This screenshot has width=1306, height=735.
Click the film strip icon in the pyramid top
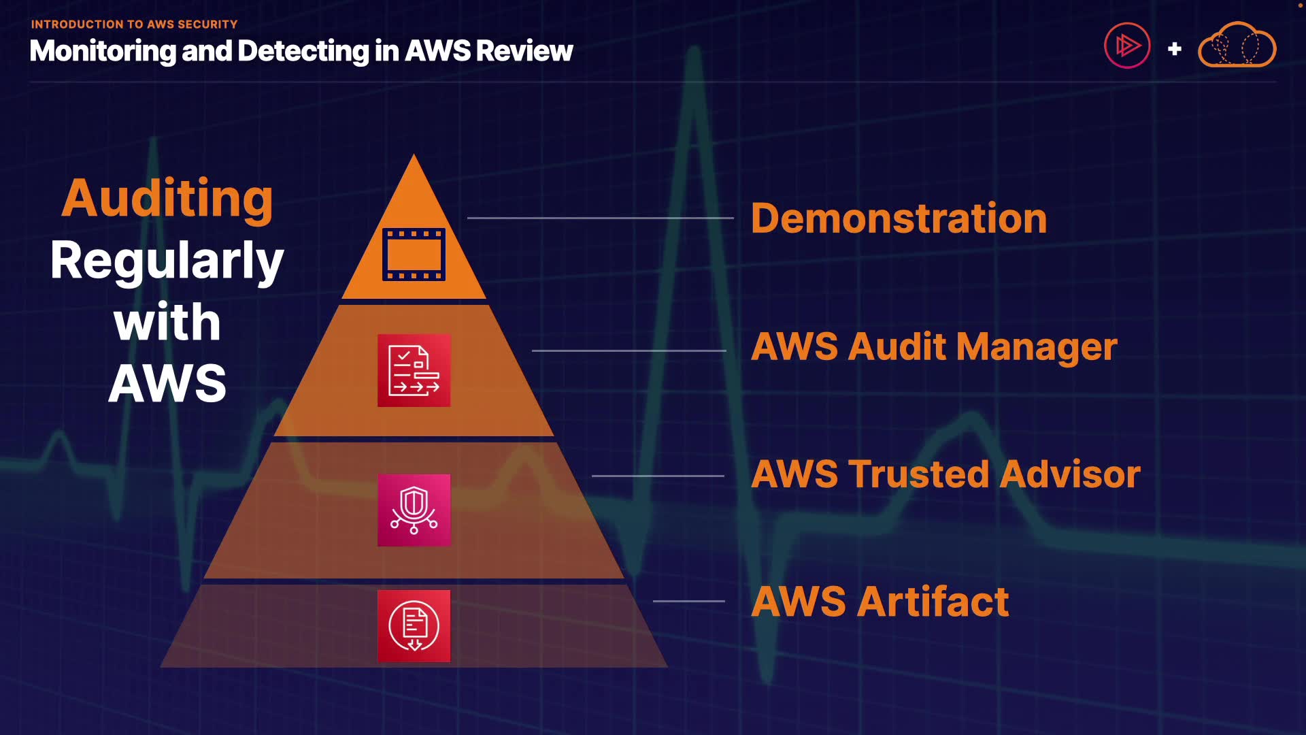click(x=414, y=255)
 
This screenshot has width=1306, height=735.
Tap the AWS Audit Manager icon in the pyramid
click(x=414, y=370)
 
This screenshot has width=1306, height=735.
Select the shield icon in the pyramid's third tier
click(x=414, y=510)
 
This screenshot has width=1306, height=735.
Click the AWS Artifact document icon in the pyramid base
click(x=414, y=626)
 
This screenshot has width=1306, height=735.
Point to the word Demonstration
click(x=899, y=218)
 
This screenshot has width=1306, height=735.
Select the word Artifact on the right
click(x=933, y=602)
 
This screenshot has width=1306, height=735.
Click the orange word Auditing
click(x=167, y=199)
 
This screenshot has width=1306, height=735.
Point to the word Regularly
click(x=167, y=261)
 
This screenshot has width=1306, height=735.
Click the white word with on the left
click(x=167, y=322)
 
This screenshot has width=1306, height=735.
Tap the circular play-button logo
click(x=1127, y=46)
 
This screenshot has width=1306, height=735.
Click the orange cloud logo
click(x=1237, y=45)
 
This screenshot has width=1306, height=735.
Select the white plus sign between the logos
click(x=1175, y=49)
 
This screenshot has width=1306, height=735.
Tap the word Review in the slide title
click(x=524, y=51)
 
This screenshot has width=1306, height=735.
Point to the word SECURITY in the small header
click(x=207, y=24)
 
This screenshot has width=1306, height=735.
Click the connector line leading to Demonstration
click(x=601, y=218)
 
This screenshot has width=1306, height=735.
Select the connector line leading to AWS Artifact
click(x=689, y=601)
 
